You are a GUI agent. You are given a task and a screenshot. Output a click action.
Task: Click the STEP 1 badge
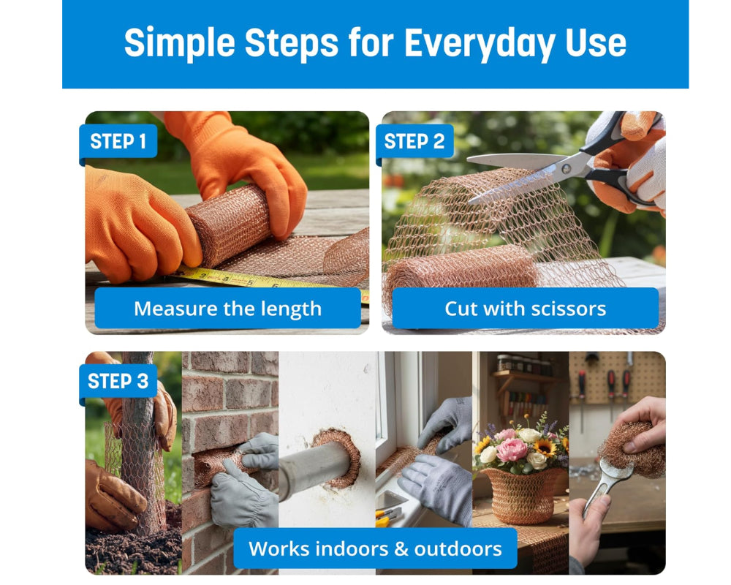(118, 141)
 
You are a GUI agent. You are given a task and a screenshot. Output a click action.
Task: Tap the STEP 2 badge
(414, 141)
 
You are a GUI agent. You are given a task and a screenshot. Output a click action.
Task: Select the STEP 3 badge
(118, 381)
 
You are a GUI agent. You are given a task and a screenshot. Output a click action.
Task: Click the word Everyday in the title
(475, 43)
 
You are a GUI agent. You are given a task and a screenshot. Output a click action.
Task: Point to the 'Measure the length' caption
(227, 309)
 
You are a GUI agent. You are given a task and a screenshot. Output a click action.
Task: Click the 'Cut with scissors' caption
(525, 309)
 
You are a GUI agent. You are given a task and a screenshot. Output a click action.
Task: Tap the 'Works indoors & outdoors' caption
(375, 548)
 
